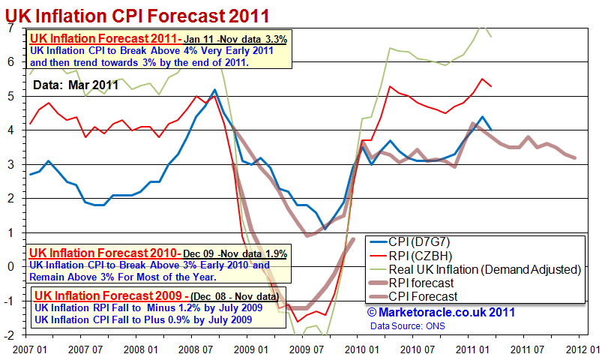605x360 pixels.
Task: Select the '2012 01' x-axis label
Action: tap(581, 349)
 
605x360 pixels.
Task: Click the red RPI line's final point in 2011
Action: tap(491, 86)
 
